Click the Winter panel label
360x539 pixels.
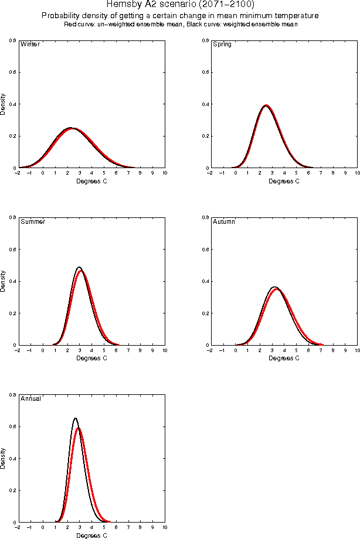[30, 44]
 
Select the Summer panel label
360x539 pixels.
[33, 221]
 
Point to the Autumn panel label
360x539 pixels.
[223, 221]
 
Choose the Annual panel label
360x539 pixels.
[30, 398]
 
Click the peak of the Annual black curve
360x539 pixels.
[76, 418]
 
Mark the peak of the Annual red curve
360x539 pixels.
[79, 428]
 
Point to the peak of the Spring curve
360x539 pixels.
[266, 105]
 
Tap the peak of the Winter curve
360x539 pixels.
[71, 128]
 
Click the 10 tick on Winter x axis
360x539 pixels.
[165, 173]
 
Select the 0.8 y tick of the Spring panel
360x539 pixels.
[203, 40]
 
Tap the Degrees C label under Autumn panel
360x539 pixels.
[284, 358]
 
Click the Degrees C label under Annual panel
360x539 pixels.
[92, 535]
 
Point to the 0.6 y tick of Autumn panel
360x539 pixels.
[203, 250]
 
